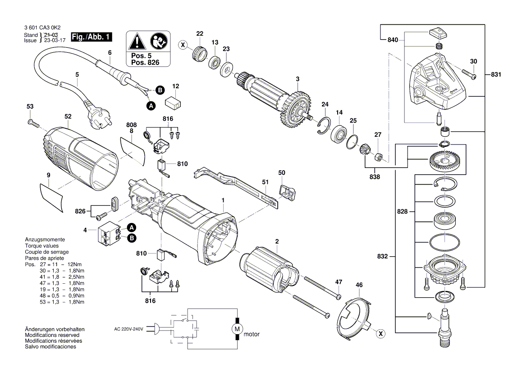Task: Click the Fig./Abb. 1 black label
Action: point(92,37)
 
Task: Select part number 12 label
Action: point(176,86)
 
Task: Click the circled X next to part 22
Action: point(183,45)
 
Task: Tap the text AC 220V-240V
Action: point(128,329)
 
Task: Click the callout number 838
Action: point(374,177)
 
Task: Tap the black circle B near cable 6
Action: point(160,90)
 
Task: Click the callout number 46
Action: point(359,285)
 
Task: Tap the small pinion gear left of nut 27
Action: point(365,149)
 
